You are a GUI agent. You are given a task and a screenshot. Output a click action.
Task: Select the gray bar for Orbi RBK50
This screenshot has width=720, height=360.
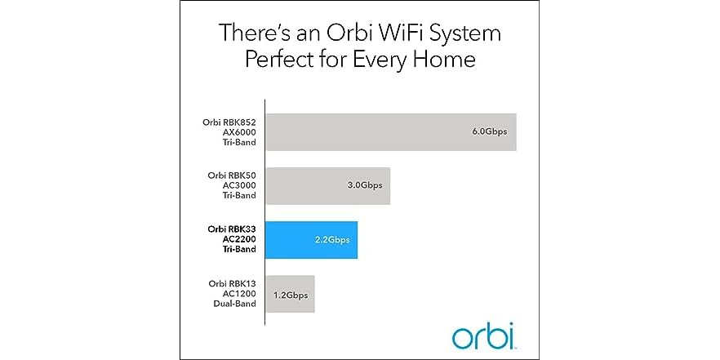click(327, 185)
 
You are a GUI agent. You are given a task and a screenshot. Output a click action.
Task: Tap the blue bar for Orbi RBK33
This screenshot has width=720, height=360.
click(311, 239)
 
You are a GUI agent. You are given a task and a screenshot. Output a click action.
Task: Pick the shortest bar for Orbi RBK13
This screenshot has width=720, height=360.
click(290, 293)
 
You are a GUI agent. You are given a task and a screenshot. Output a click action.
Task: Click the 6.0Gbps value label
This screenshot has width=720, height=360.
click(488, 131)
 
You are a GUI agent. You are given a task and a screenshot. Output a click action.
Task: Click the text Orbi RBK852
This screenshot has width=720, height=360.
click(229, 122)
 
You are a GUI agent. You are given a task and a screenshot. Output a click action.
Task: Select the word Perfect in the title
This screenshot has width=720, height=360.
click(275, 61)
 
